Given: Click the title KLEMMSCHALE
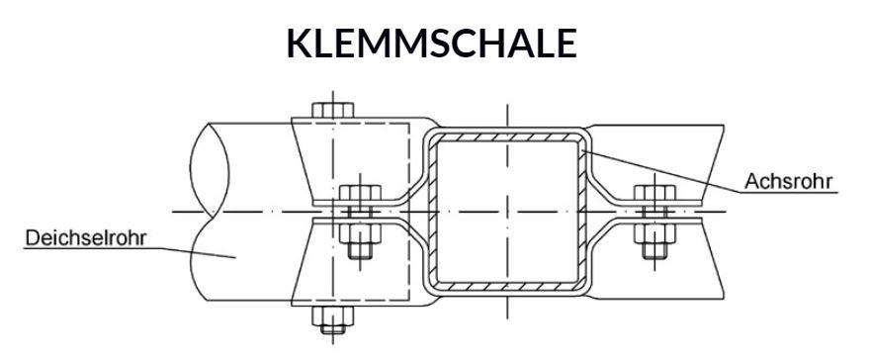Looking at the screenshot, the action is [x=432, y=44].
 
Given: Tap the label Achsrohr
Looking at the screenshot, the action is [x=789, y=181].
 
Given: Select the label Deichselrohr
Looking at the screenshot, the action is [x=86, y=238].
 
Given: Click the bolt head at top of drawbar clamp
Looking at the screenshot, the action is [x=332, y=110].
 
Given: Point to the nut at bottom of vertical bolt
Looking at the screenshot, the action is [x=332, y=318].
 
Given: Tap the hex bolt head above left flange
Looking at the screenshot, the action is [x=360, y=195].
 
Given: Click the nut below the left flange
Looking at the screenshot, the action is [x=360, y=238].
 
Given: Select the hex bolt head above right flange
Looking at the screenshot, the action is [x=654, y=195].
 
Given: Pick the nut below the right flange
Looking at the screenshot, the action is [x=654, y=238].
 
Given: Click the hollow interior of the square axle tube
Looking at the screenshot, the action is [x=507, y=212].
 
